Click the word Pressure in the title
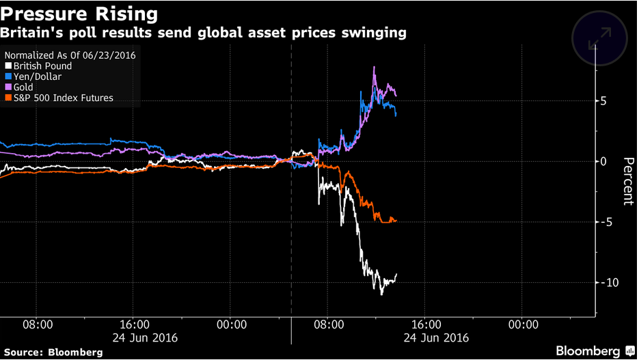(40, 14)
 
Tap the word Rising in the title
(121, 14)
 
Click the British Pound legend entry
(42, 66)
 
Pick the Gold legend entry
(24, 87)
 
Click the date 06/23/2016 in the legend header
(108, 55)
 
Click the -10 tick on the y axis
(601, 283)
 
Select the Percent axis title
(627, 181)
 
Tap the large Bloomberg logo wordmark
(586, 351)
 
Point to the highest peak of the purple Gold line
(374, 68)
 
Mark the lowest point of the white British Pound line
(381, 294)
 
